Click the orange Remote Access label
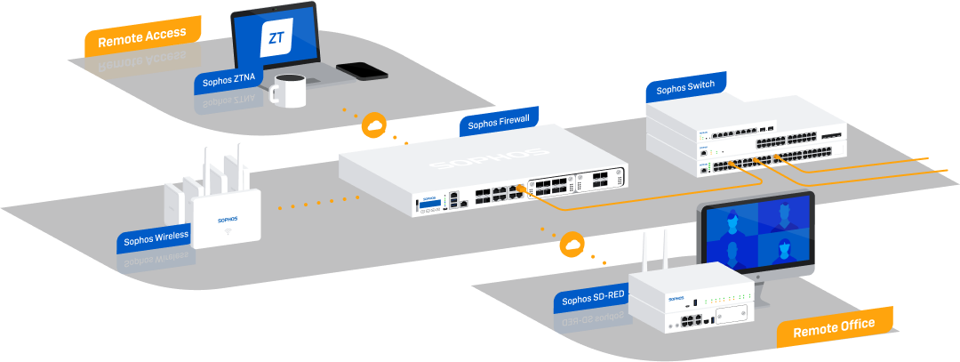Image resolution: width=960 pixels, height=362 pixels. point(141,38)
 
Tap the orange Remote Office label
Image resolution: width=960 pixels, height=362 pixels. point(833,326)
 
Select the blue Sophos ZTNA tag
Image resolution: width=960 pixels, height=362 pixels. point(228,77)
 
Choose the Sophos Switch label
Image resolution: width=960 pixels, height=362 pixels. point(684,88)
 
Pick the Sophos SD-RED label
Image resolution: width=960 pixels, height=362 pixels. point(594,299)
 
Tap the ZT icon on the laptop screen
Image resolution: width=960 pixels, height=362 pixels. point(276,37)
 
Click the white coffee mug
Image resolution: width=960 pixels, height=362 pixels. point(288,90)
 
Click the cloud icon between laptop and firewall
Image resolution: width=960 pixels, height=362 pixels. point(373,125)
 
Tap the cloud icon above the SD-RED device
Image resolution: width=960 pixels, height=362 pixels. point(572,243)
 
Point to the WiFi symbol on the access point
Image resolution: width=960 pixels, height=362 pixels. point(228,234)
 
